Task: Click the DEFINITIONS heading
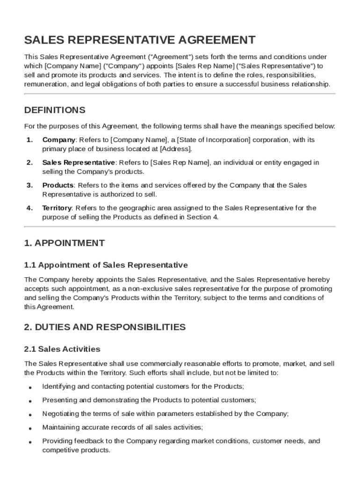tap(55, 110)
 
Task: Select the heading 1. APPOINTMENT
tap(65, 243)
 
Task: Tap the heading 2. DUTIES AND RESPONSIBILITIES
tap(105, 327)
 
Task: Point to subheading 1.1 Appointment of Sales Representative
tap(106, 265)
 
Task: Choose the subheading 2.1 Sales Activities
tap(62, 349)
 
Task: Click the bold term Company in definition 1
tap(59, 140)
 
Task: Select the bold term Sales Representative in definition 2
tap(79, 163)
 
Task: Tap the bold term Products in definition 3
tap(58, 186)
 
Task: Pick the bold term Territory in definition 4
tap(57, 208)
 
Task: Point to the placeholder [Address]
tap(175, 149)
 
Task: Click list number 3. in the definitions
tap(29, 186)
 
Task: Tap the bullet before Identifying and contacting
tap(30, 388)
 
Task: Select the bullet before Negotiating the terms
tap(30, 415)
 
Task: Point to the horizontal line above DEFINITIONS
tap(180, 94)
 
